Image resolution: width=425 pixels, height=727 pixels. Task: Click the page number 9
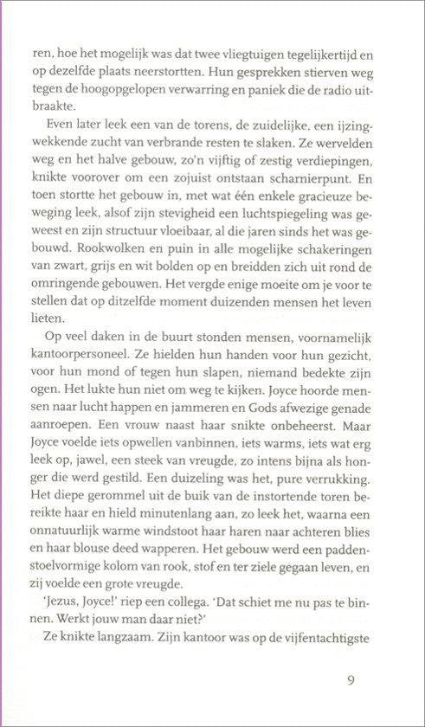[350, 680]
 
